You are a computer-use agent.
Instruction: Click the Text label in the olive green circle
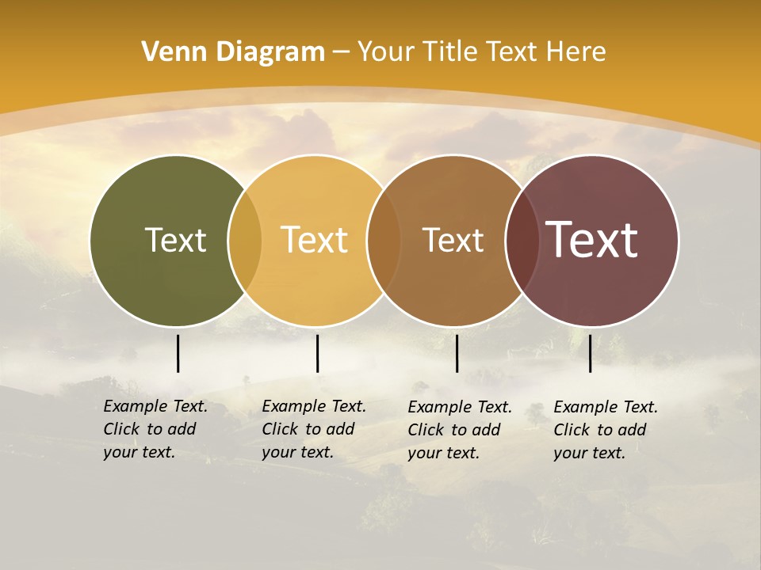(175, 240)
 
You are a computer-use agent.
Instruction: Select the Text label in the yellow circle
(314, 240)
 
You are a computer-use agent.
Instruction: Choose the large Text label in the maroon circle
(592, 239)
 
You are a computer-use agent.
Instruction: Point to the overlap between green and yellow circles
(245, 241)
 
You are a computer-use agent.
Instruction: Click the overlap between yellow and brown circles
(384, 241)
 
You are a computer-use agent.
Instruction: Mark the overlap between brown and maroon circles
(522, 241)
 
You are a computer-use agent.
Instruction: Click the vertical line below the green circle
(178, 353)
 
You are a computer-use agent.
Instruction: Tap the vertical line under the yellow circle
(317, 353)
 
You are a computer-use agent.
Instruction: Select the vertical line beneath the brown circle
(457, 353)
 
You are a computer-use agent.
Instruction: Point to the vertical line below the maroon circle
(590, 353)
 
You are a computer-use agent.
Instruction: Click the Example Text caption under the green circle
(155, 429)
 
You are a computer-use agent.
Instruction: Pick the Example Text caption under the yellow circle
(313, 429)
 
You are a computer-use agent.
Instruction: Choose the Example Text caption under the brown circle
(459, 430)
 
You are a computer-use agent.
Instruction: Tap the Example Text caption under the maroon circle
(605, 430)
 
